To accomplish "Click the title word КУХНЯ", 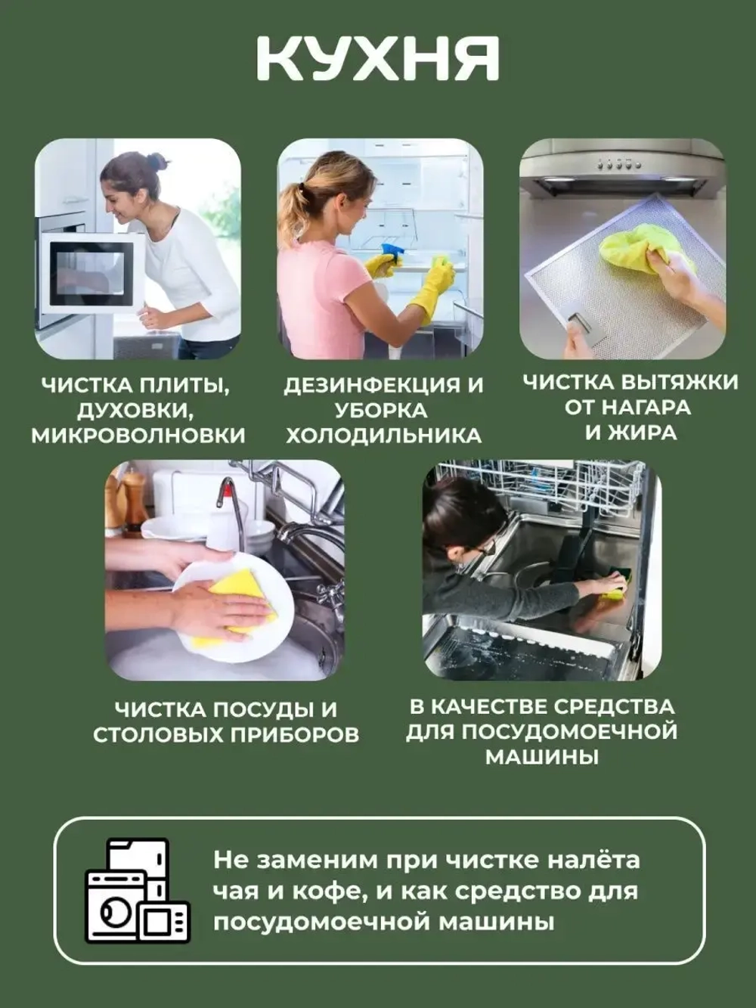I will pyautogui.click(x=378, y=58).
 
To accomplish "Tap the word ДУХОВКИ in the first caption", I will pyautogui.click(x=133, y=411).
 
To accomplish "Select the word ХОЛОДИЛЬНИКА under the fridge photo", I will pyautogui.click(x=383, y=436).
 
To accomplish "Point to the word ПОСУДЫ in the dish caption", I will pyautogui.click(x=254, y=710).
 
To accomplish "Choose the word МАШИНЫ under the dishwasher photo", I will pyautogui.click(x=541, y=757).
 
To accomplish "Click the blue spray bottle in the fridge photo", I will pyautogui.click(x=392, y=253).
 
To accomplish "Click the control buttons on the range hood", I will pyautogui.click(x=618, y=163).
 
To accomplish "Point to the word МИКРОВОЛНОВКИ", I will pyautogui.click(x=138, y=436).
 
